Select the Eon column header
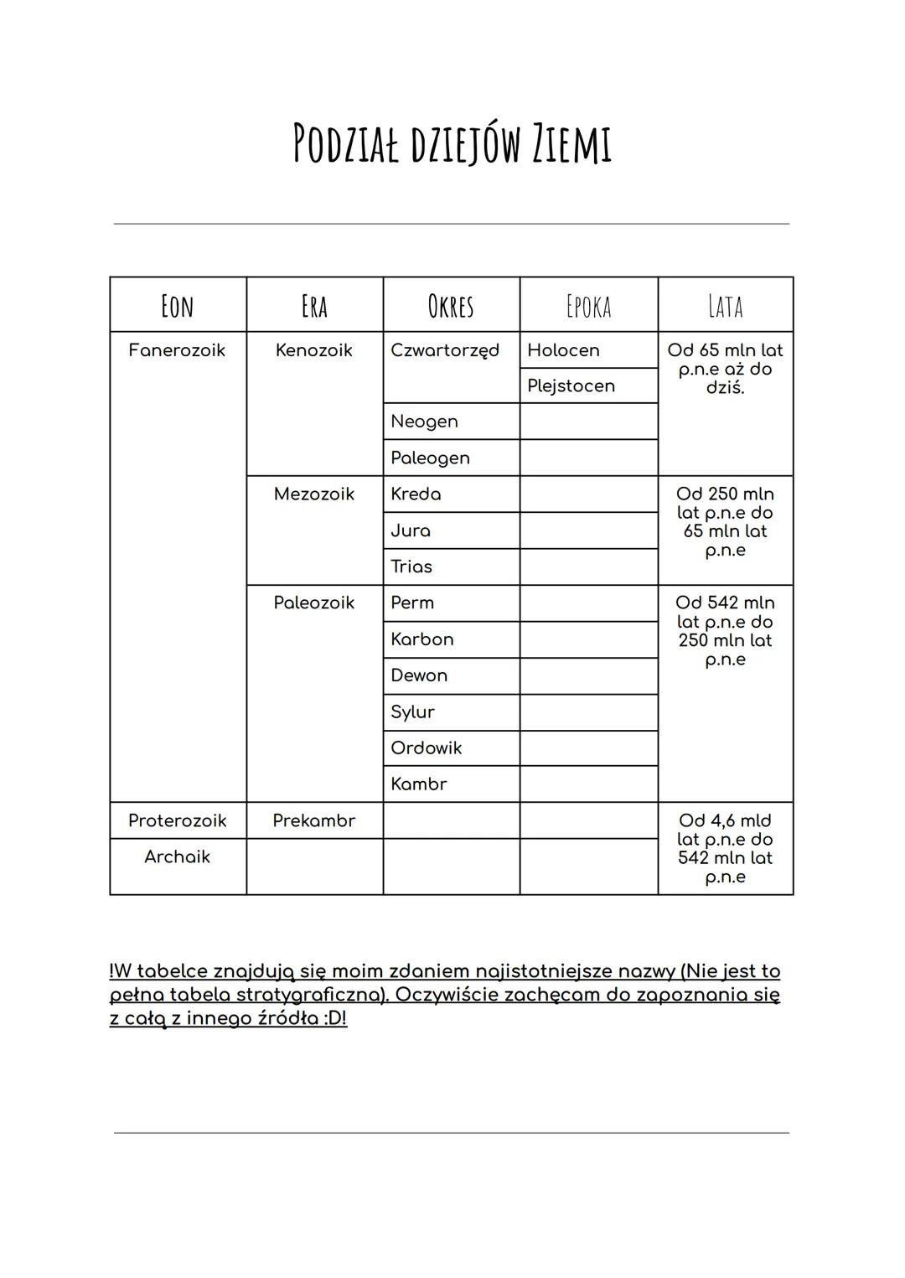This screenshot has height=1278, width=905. click(x=177, y=306)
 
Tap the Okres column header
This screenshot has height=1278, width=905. click(x=451, y=306)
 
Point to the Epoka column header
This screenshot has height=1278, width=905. click(x=588, y=306)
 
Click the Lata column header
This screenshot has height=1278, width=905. click(x=725, y=306)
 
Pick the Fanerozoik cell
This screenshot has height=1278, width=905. click(x=177, y=350)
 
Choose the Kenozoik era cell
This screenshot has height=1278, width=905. click(x=313, y=350)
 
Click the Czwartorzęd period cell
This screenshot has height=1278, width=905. click(x=445, y=350)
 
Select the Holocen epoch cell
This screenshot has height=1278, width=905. click(x=563, y=350)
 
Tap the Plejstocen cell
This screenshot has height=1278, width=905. click(x=571, y=386)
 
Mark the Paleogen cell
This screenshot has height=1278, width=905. click(x=430, y=458)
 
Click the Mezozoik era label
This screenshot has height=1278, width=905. click(x=313, y=494)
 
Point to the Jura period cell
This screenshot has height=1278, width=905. click(x=411, y=530)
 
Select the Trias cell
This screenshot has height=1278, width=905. click(x=411, y=567)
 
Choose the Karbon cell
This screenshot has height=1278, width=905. click(x=421, y=639)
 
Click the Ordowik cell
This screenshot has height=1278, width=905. click(x=426, y=748)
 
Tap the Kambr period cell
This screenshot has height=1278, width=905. click(x=418, y=784)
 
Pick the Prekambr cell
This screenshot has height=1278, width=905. click(x=313, y=821)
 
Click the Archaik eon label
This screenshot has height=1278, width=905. click(x=177, y=857)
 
